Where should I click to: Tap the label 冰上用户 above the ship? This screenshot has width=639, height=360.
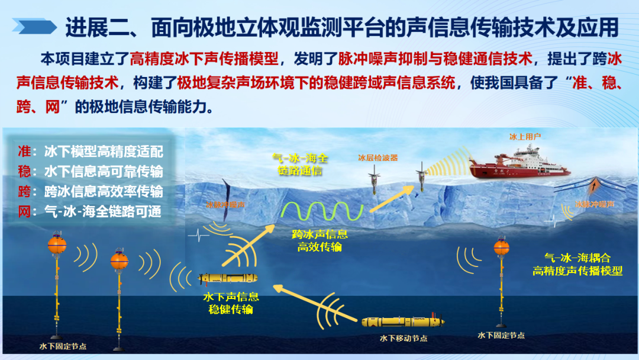(x=525, y=137)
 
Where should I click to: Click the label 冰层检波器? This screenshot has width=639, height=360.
(x=377, y=158)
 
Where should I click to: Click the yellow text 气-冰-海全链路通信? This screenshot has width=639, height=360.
(x=299, y=164)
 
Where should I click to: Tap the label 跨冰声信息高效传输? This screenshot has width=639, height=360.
(x=319, y=240)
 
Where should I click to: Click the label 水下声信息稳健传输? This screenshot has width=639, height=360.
(x=231, y=302)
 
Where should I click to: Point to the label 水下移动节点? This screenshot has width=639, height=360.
(x=403, y=339)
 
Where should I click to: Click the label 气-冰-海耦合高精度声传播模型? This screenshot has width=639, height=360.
(x=577, y=265)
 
